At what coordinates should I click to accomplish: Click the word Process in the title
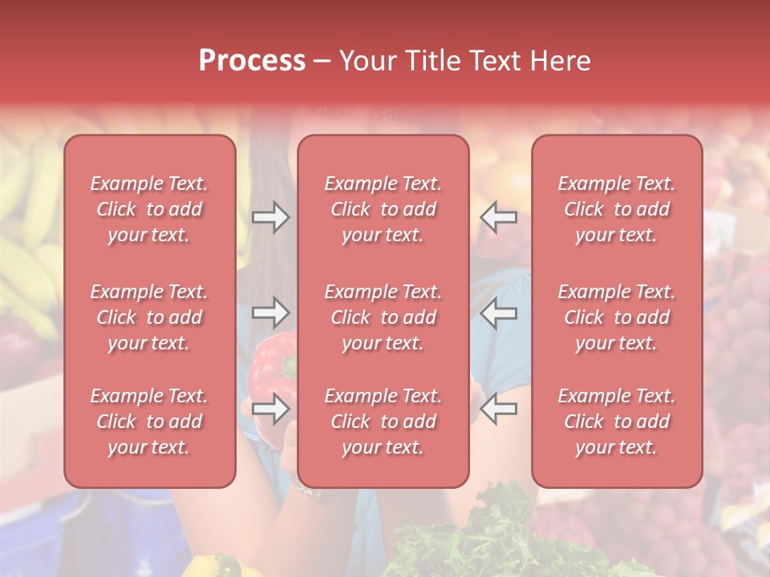click(252, 61)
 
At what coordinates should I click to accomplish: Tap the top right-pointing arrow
click(270, 216)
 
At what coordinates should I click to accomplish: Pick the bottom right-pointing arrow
click(270, 408)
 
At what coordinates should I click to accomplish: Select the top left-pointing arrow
click(499, 216)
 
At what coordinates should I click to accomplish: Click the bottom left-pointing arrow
click(499, 408)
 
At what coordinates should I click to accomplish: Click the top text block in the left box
click(149, 209)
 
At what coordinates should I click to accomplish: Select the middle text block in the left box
click(149, 317)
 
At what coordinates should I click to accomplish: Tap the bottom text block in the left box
click(149, 422)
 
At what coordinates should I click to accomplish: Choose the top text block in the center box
click(383, 209)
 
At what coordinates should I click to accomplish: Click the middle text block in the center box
click(383, 317)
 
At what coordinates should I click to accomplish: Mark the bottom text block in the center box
click(383, 422)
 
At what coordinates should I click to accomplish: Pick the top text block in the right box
click(617, 209)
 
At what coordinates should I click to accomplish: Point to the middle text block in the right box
click(617, 317)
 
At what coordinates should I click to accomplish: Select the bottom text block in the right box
click(617, 422)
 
